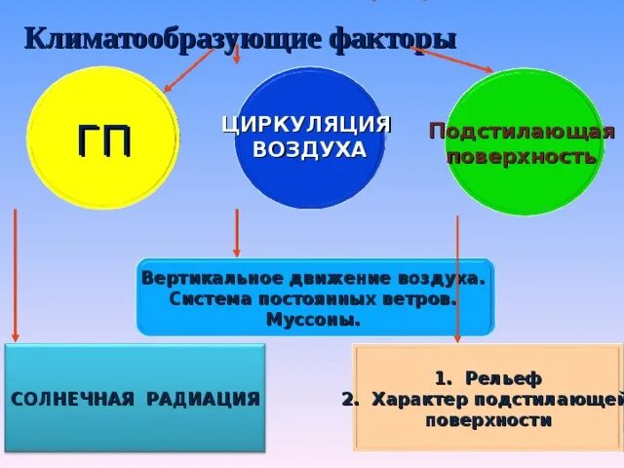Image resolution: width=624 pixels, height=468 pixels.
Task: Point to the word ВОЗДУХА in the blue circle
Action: tap(309, 150)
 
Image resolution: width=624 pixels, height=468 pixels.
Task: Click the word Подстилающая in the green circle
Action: tap(523, 132)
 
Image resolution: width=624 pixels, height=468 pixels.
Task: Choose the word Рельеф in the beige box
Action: tap(503, 378)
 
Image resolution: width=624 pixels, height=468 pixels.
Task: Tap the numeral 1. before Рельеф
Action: tap(442, 378)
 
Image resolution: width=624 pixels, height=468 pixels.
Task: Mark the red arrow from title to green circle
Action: tap(453, 59)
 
